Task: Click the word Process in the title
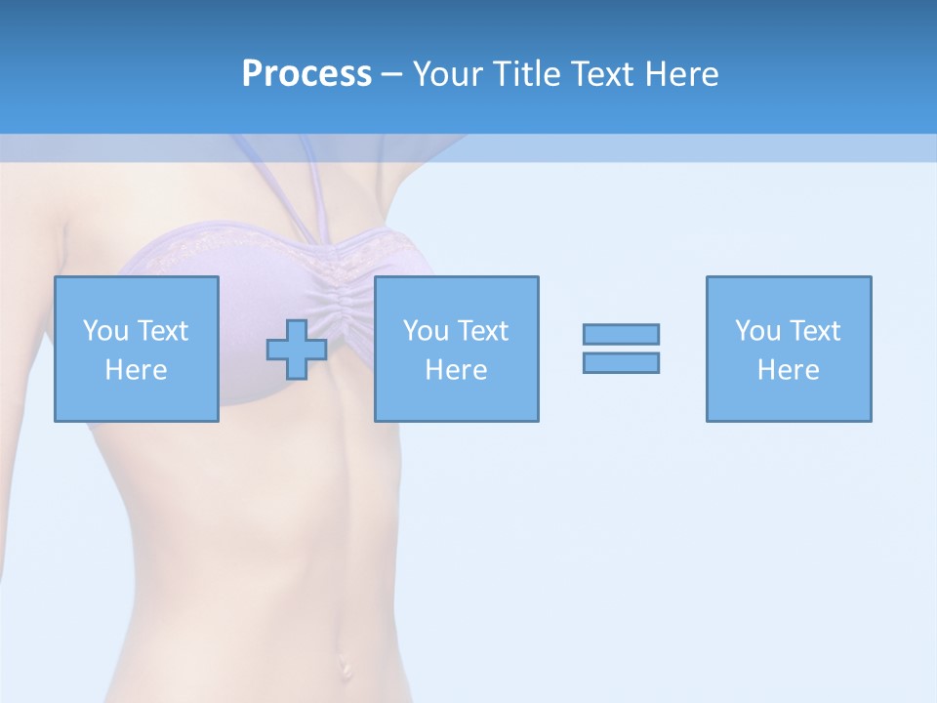pyautogui.click(x=306, y=74)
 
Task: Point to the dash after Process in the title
pyautogui.click(x=391, y=75)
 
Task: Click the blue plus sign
pyautogui.click(x=297, y=350)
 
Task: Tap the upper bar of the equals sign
pyautogui.click(x=621, y=334)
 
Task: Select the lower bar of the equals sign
pyautogui.click(x=621, y=362)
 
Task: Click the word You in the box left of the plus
pyautogui.click(x=105, y=331)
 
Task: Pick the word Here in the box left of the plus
pyautogui.click(x=136, y=370)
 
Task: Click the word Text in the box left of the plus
pyautogui.click(x=162, y=331)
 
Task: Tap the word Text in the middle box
pyautogui.click(x=482, y=331)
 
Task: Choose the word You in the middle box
pyautogui.click(x=426, y=331)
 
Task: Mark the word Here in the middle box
pyautogui.click(x=456, y=370)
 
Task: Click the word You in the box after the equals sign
pyautogui.click(x=757, y=331)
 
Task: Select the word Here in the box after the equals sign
pyautogui.click(x=788, y=370)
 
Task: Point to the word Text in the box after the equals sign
pyautogui.click(x=814, y=331)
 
